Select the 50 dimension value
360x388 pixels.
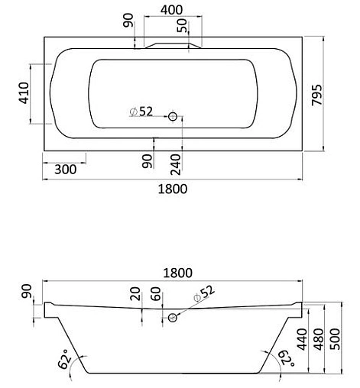(x=183, y=24)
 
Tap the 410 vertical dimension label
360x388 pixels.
(x=24, y=93)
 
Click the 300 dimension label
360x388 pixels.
(x=66, y=170)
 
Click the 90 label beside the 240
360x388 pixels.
(x=147, y=161)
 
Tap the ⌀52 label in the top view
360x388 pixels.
(x=141, y=112)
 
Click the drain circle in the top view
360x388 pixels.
(x=174, y=116)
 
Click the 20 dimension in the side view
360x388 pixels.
(x=135, y=294)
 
